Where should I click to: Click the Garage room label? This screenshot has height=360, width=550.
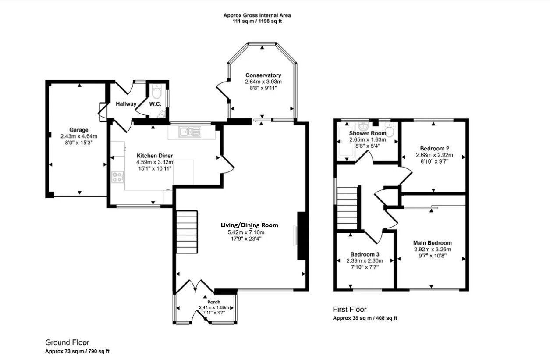[78, 130]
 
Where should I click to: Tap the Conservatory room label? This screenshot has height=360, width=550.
[263, 75]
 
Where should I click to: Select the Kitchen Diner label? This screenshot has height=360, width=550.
[154, 156]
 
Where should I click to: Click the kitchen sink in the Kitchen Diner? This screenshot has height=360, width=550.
[190, 131]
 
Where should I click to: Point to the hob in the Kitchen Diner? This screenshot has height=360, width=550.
[117, 177]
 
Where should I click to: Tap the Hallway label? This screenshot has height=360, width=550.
[126, 104]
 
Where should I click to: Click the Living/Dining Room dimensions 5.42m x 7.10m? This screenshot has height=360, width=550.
[249, 232]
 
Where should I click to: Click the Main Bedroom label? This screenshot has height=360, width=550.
[432, 243]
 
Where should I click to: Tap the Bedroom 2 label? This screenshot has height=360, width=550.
[434, 148]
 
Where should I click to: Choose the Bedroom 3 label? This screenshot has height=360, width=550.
[365, 254]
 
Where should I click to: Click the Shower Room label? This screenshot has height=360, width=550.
[368, 133]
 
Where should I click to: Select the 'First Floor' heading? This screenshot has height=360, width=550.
[349, 309]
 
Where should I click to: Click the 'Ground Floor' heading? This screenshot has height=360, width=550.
[67, 342]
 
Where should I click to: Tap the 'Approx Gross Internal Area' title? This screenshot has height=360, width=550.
[257, 15]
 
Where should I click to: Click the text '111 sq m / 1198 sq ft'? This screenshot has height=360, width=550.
[257, 21]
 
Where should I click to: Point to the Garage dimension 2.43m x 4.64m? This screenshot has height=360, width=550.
[78, 136]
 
